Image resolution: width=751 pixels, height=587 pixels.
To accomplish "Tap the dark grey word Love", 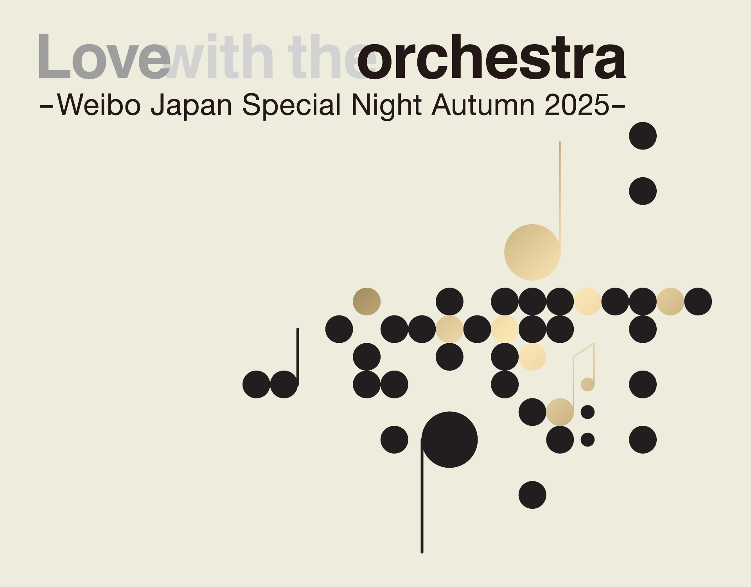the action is pos(104,57).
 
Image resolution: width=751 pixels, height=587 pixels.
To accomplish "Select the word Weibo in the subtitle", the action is pos(99,104).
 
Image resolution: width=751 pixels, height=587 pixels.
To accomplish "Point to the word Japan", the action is pos(191,106).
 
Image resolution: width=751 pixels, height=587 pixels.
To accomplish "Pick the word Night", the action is pos(387,106).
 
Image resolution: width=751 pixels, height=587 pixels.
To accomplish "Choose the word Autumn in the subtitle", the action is pos(483,104).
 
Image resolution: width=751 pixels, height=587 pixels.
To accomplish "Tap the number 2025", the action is pos(577,105).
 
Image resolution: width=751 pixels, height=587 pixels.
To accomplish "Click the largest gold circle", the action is pos(532,252).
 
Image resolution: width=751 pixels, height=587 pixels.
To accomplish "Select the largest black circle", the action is pos(449,439).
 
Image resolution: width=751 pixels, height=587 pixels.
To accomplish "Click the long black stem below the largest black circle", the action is pos(422,496).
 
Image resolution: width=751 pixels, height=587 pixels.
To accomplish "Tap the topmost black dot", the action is pos(643,136).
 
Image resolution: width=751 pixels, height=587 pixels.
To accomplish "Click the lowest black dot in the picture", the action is pos(532,495).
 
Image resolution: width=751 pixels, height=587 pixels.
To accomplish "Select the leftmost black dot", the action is pos(256,384).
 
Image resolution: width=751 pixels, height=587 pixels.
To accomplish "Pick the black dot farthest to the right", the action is pos(698,301).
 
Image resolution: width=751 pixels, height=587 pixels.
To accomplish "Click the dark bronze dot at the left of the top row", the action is pos(367,301).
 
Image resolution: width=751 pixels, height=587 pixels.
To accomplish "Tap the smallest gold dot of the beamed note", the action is pos(588,384).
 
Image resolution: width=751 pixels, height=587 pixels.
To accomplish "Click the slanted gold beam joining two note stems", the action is pos(584,350).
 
